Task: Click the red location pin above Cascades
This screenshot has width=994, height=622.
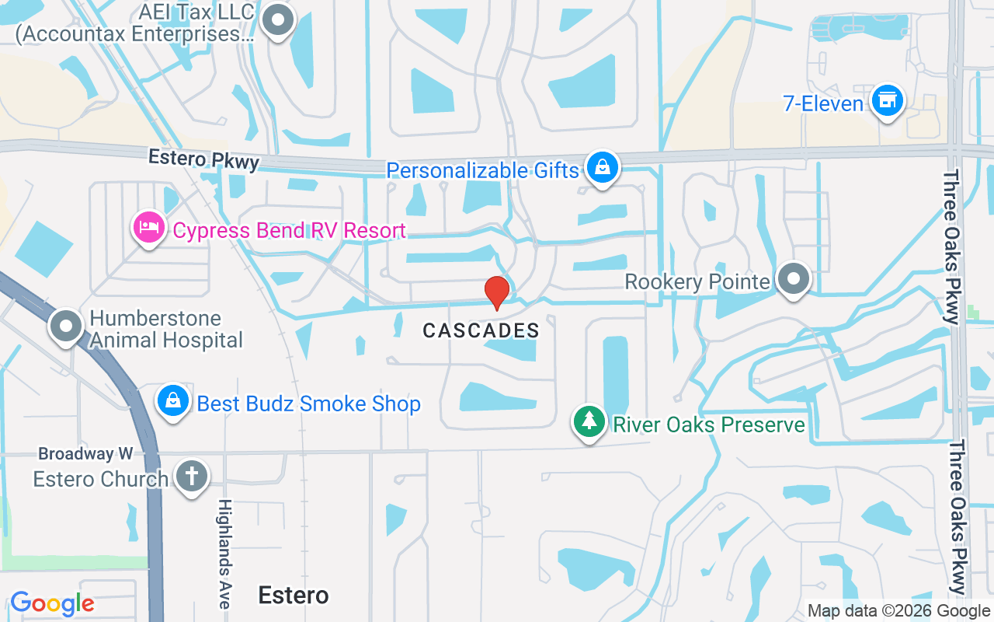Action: pos(496,293)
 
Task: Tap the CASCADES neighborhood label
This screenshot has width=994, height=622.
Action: pos(481,330)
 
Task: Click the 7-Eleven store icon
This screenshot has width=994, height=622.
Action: pos(887,101)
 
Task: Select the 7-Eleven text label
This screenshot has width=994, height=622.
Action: pos(822,104)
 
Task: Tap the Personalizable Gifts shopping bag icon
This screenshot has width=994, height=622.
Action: pos(602,167)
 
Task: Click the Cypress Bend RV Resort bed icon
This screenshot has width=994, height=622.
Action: pos(149,228)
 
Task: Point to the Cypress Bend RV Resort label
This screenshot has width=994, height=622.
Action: pos(289,231)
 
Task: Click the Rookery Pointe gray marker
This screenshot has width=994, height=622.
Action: pos(793,279)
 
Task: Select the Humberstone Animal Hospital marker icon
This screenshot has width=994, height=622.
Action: pos(67,327)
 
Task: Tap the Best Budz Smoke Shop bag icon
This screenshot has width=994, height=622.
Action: pos(173,401)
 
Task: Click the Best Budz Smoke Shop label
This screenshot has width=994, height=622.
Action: pos(308,404)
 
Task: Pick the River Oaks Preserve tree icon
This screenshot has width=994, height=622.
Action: pos(589,421)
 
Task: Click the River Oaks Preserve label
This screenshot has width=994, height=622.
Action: pos(708,425)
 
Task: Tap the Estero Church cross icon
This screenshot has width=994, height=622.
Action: pos(191,476)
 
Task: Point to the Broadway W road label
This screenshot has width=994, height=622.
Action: pos(85,453)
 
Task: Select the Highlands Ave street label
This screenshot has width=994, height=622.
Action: pos(224,554)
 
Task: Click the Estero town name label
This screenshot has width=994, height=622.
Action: pos(293,596)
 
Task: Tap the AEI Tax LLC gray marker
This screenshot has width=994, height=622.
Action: pos(277,21)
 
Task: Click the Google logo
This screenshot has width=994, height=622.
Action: pos(52,603)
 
